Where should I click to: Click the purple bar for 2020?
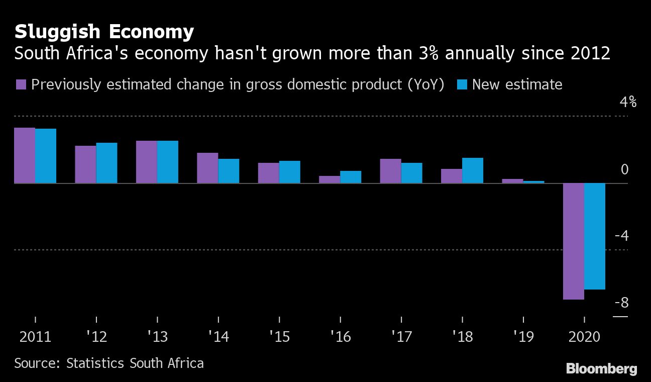tap(573, 241)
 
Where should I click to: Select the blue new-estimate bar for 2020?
tap(595, 236)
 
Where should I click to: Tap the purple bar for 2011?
tap(25, 155)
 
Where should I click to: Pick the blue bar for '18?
tap(473, 170)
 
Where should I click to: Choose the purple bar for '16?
tap(330, 179)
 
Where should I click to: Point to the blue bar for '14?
tap(229, 171)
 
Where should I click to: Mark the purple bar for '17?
tap(390, 171)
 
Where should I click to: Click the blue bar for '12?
tap(106, 163)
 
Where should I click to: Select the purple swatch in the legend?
tap(21, 84)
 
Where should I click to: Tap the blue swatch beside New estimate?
tap(463, 84)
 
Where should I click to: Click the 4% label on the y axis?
tap(628, 102)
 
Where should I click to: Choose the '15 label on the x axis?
tap(279, 336)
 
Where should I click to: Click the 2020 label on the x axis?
tap(584, 336)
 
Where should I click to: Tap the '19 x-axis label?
tap(523, 336)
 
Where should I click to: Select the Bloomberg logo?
tap(601, 368)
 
